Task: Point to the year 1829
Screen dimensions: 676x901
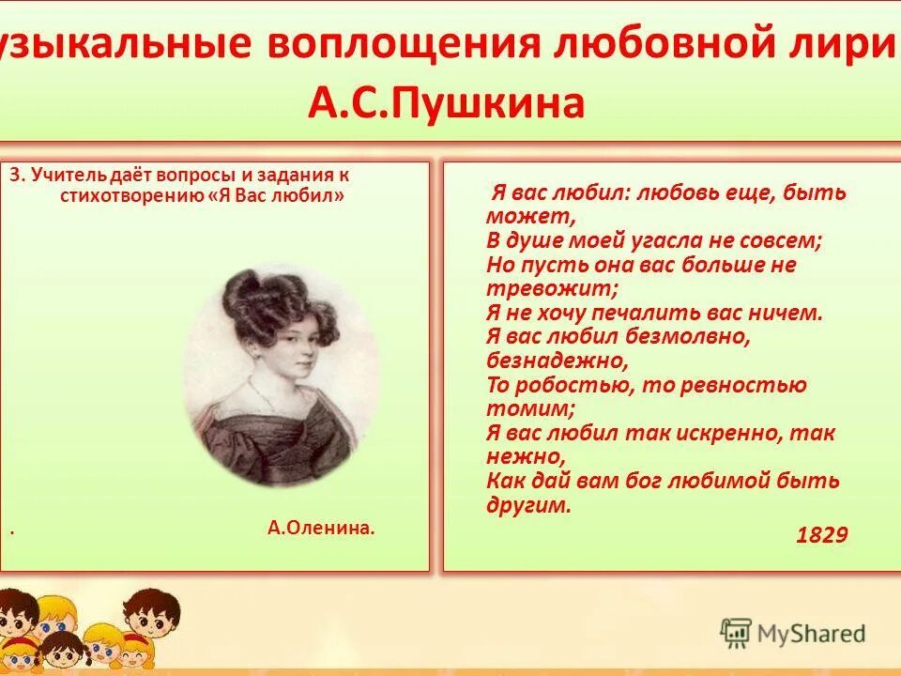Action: [x=821, y=535]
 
